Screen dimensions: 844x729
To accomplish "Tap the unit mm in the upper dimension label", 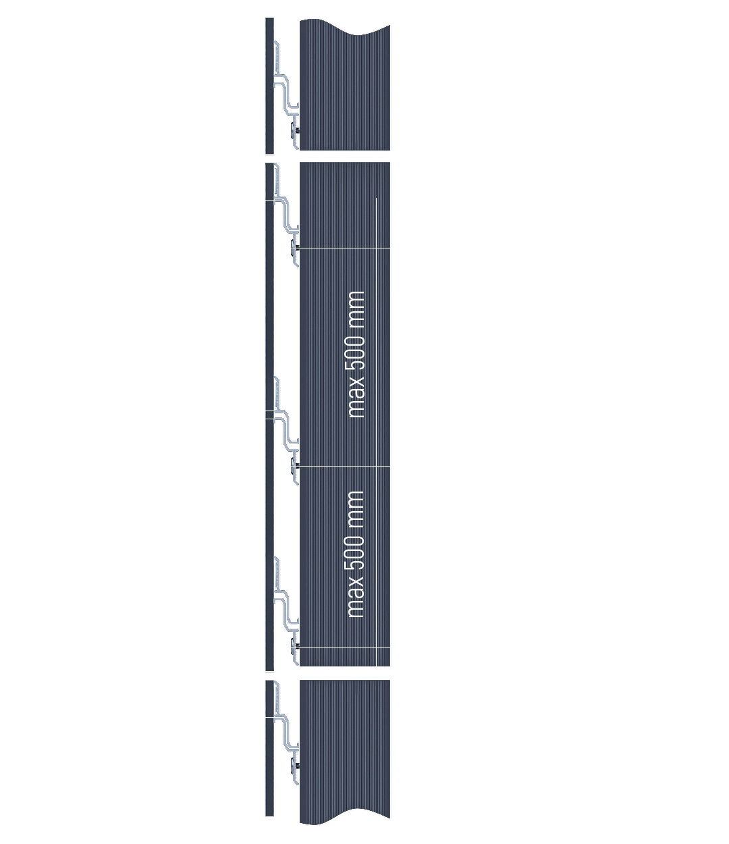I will coord(356,308).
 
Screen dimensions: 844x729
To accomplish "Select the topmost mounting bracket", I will coord(286,95).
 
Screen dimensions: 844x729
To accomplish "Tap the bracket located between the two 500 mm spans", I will coord(286,432).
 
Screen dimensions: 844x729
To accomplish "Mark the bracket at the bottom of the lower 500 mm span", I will coord(286,614).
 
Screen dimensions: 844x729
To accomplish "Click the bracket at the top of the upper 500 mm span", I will coord(286,216).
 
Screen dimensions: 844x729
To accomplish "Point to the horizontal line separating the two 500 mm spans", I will coord(344,467).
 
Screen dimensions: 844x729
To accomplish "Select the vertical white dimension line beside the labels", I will coord(376,432).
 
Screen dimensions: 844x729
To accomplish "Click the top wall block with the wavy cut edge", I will coord(344,88).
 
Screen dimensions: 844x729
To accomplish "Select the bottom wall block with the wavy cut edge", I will coord(344,749).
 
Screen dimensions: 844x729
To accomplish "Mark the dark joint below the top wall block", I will coord(344,156).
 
